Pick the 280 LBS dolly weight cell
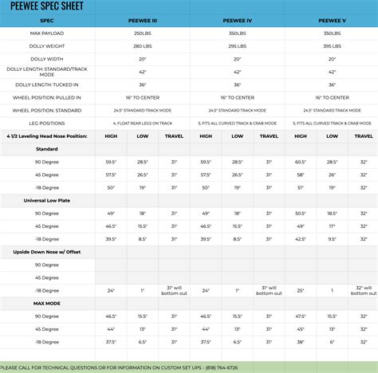coord(144,47)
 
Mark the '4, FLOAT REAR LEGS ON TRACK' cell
coord(144,124)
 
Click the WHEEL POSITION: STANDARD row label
coord(47,110)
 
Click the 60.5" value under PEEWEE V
coord(301,162)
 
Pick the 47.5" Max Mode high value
coord(301,317)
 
